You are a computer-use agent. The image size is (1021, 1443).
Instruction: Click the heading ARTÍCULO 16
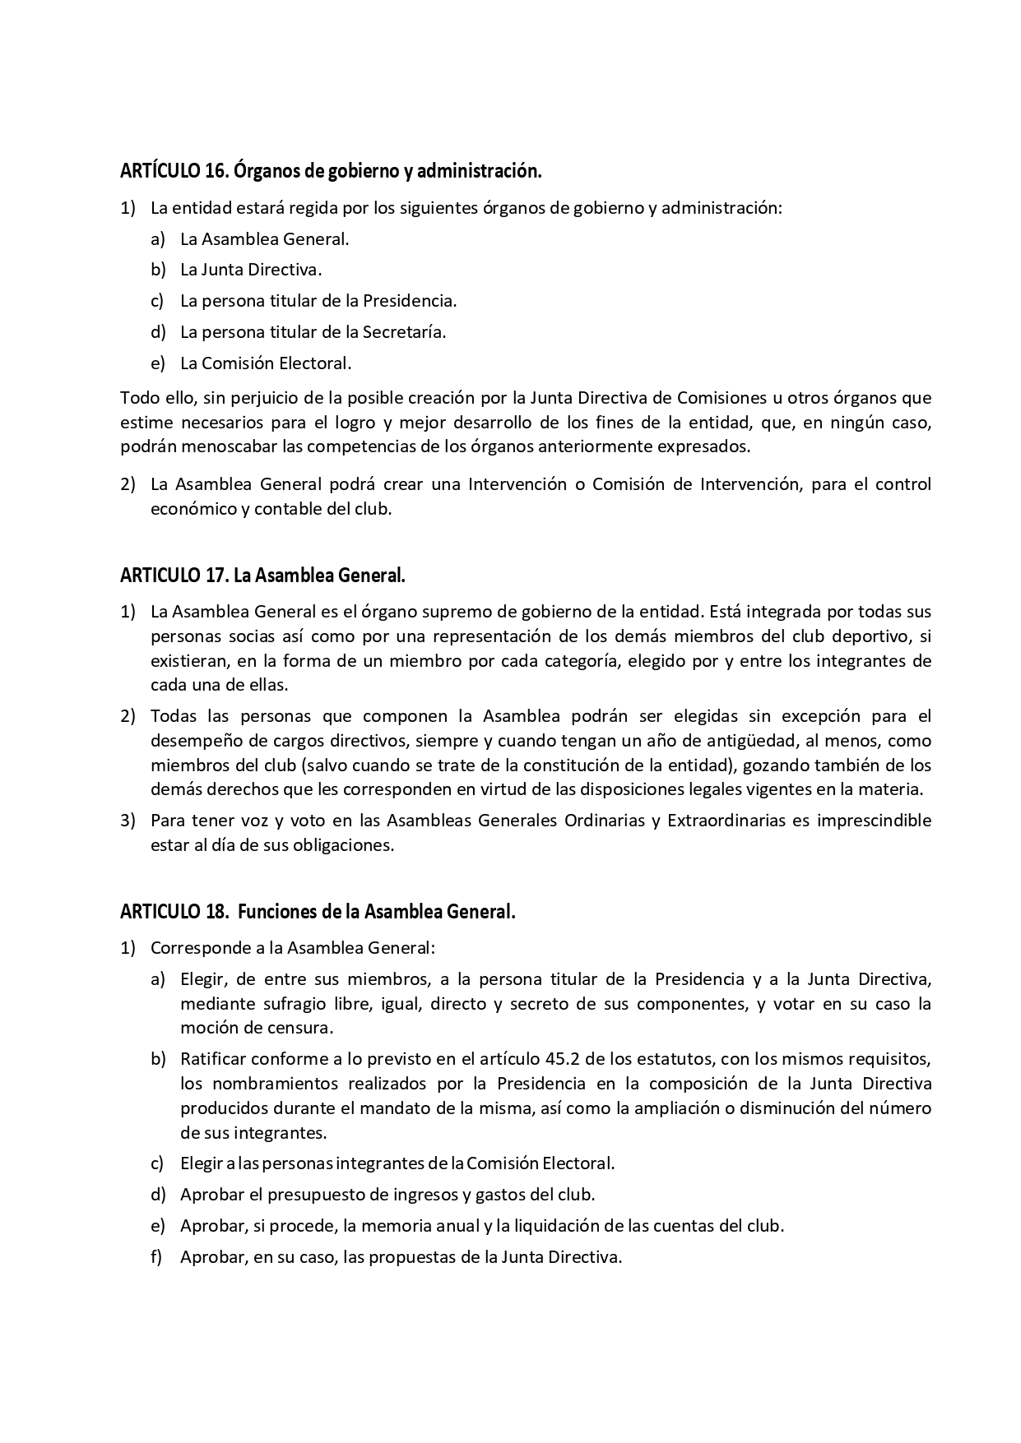331,171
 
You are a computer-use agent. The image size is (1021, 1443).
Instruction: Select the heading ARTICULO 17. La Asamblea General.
262,576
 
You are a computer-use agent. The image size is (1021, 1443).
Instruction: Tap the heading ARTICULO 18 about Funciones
318,912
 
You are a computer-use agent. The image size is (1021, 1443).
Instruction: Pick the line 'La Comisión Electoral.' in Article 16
266,363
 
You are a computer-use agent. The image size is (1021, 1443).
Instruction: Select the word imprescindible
874,821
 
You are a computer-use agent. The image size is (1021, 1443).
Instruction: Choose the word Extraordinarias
726,821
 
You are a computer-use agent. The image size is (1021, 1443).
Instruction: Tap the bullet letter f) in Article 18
156,1257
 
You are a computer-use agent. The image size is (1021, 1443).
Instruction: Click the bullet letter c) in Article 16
156,301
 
